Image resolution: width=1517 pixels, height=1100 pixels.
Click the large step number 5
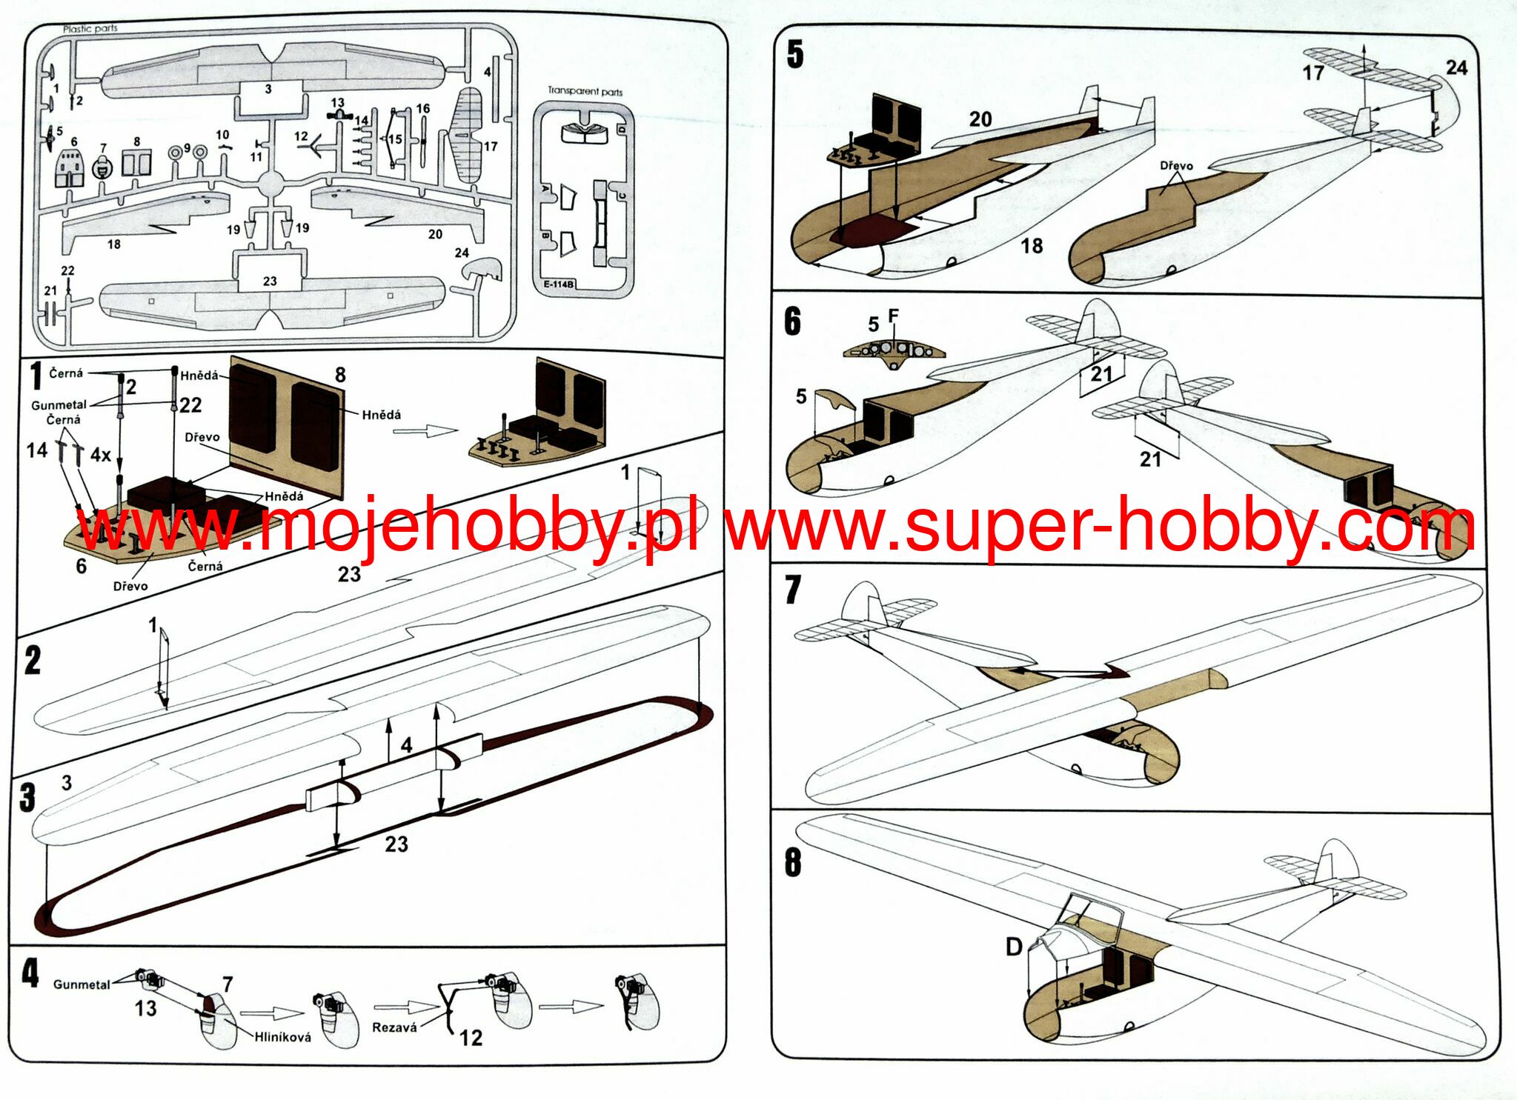pyautogui.click(x=794, y=55)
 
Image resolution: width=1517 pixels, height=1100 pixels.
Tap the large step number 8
pyautogui.click(x=792, y=863)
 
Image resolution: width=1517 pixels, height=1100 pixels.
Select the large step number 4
pyautogui.click(x=30, y=973)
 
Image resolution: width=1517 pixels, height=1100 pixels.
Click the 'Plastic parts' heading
pyautogui.click(x=90, y=29)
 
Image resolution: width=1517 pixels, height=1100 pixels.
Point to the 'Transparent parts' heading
pyautogui.click(x=585, y=91)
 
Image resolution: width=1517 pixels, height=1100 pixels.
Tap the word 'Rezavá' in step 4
pyautogui.click(x=394, y=1027)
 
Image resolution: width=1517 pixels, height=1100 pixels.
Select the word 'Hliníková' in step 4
pyautogui.click(x=282, y=1037)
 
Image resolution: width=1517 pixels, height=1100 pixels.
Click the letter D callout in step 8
pyautogui.click(x=1014, y=946)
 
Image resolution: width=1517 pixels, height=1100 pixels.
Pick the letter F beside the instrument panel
pyautogui.click(x=893, y=316)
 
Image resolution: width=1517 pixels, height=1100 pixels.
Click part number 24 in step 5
pyautogui.click(x=1456, y=68)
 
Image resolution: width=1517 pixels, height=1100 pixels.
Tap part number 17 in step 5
pyautogui.click(x=1313, y=73)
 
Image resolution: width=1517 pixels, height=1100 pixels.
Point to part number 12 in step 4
pyautogui.click(x=471, y=1038)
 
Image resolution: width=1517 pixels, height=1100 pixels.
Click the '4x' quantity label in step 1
pyautogui.click(x=101, y=454)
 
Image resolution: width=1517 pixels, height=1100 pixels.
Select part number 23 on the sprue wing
pyautogui.click(x=270, y=281)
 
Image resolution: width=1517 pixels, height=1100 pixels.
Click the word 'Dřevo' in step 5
pyautogui.click(x=1176, y=166)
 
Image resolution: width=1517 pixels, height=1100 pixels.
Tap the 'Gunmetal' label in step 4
pyautogui.click(x=82, y=984)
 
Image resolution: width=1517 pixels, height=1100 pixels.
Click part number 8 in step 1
pyautogui.click(x=340, y=375)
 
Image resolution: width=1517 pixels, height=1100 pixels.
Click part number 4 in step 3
pyautogui.click(x=406, y=745)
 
